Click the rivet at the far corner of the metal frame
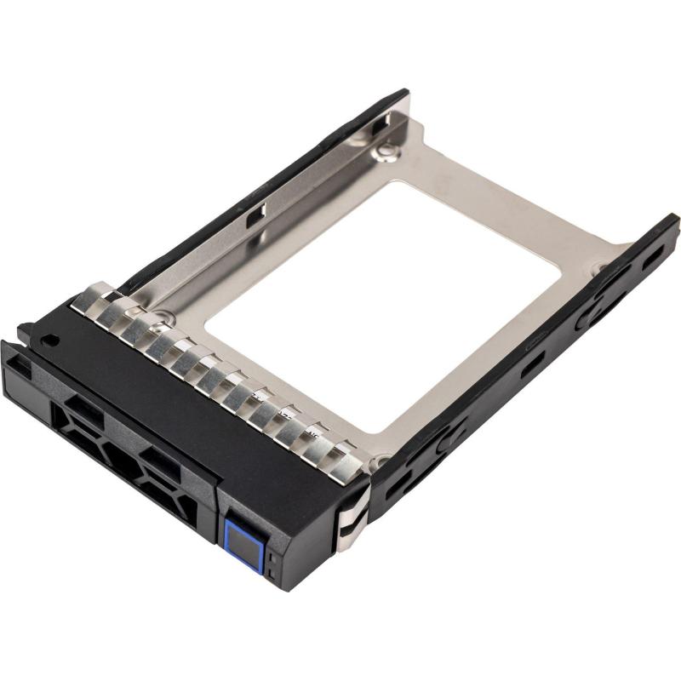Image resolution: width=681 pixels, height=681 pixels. [x=387, y=152]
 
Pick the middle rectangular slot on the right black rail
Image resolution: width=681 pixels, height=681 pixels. [x=533, y=362]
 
